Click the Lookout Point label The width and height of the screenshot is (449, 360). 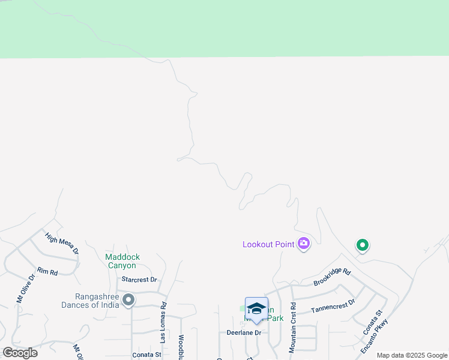[268, 244]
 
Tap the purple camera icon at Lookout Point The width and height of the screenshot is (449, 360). [304, 243]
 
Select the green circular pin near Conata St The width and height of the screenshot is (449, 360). [362, 245]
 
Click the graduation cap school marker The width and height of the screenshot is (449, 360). [256, 308]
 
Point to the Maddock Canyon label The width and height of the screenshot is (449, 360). [122, 261]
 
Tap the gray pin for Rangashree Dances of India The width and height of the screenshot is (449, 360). [128, 299]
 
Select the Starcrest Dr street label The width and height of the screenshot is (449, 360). [139, 280]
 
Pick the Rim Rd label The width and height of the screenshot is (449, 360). [47, 272]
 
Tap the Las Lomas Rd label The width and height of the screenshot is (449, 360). [163, 322]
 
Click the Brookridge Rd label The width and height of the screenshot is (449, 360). [331, 277]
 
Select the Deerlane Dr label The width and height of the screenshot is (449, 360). [244, 332]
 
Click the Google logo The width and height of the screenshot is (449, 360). [20, 352]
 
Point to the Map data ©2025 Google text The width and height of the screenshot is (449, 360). [412, 355]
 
